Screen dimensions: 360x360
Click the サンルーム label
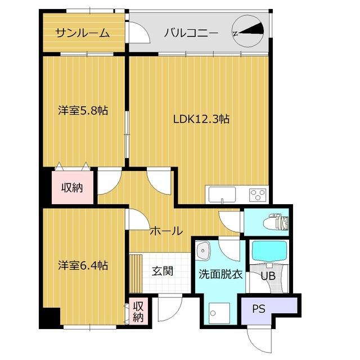[x=82, y=33]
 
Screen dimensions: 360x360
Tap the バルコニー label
[x=191, y=33]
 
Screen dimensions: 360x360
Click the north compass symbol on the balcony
[x=248, y=32]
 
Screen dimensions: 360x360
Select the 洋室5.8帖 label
[x=83, y=111]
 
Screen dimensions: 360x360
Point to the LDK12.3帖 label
[x=201, y=119]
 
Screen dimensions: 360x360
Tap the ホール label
[x=166, y=231]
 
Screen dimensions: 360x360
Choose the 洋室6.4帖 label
[x=83, y=265]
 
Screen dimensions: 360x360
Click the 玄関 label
[x=162, y=271]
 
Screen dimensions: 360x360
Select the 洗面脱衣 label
[x=220, y=275]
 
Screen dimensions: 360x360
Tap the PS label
[x=258, y=308]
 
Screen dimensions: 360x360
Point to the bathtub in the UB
[x=269, y=251]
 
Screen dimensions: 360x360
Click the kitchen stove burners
[x=258, y=195]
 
